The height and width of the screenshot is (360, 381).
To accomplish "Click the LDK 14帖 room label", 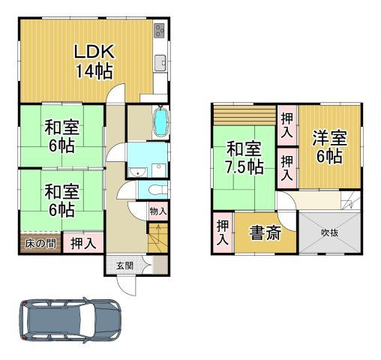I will click(93, 61).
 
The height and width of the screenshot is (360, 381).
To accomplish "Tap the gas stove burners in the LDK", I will click(159, 31).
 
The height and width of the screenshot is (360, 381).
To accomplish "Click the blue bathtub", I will click(160, 123).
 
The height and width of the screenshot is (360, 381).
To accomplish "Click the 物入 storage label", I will click(157, 213).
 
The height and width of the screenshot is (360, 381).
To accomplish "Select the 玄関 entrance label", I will click(124, 265).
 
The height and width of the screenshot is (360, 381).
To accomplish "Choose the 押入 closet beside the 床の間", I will click(82, 243).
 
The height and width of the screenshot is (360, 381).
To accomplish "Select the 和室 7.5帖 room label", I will click(244, 157).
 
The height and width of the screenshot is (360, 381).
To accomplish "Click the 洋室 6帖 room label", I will click(329, 147).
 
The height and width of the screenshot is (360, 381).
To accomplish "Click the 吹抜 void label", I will click(330, 233).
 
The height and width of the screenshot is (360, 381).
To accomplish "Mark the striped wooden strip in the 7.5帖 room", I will click(244, 117).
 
